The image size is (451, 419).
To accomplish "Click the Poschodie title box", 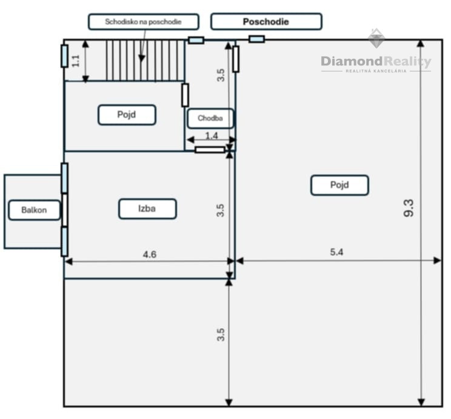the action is [x=266, y=22].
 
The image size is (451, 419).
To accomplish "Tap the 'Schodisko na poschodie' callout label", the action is [x=143, y=22].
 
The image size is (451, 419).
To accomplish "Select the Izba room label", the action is [x=147, y=209].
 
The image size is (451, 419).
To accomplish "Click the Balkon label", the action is [x=34, y=210].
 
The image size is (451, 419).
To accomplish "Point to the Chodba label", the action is [x=210, y=118].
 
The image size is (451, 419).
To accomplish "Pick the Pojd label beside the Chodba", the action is [x=127, y=115].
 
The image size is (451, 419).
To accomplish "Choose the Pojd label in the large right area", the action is [x=339, y=185].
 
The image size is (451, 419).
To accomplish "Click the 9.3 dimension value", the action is [x=409, y=208].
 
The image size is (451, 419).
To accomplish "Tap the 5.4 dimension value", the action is [x=336, y=252].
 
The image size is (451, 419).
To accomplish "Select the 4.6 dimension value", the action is [x=150, y=255].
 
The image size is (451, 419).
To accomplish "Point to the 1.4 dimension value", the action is [x=212, y=136].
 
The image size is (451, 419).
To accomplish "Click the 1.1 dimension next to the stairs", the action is [x=76, y=61].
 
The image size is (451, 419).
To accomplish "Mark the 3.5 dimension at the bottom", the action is [x=221, y=335].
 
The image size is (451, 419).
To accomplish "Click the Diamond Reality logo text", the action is [x=376, y=62].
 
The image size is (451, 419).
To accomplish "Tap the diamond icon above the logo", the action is [x=376, y=38].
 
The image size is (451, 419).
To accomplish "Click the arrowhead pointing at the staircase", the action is [x=141, y=58].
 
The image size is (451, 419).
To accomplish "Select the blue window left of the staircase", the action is [x=65, y=56].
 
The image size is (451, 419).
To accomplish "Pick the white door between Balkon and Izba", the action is [x=65, y=210].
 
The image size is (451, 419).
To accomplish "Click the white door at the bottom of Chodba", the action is [x=210, y=150].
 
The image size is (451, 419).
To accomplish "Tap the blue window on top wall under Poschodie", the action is [x=256, y=39].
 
